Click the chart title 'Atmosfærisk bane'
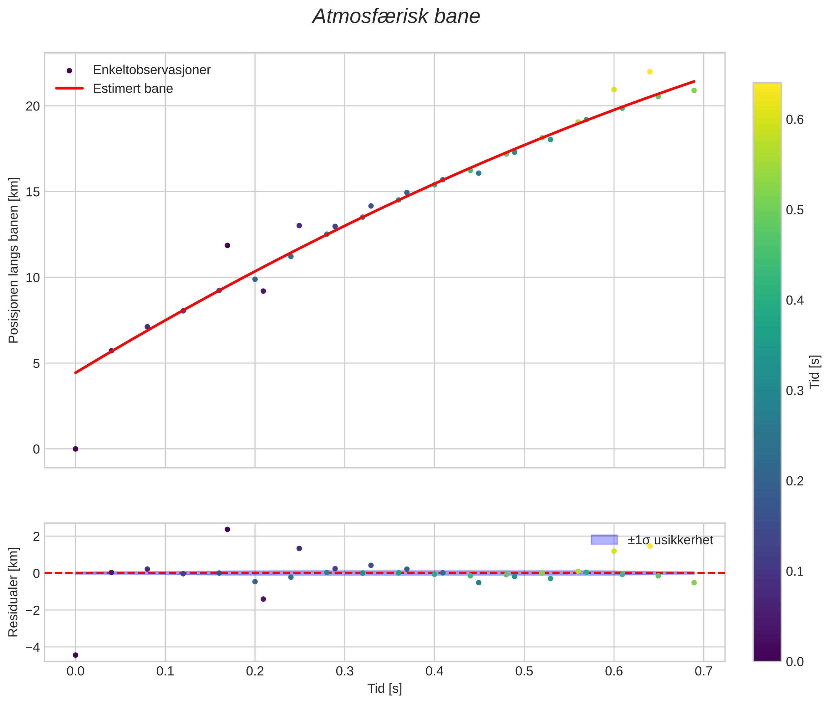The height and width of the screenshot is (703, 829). (x=396, y=17)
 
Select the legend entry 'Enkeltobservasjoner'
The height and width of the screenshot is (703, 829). (x=151, y=70)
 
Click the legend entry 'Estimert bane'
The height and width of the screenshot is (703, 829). (x=133, y=89)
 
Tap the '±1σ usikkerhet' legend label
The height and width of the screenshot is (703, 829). (x=670, y=540)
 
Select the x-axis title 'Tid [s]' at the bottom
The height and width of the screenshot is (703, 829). (x=384, y=688)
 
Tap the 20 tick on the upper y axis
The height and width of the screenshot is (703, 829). (x=33, y=106)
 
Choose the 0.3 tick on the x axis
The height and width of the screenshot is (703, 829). (x=345, y=671)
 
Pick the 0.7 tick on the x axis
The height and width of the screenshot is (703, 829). (x=704, y=671)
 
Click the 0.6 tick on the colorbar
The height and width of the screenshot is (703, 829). (x=794, y=120)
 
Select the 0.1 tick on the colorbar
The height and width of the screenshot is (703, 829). (x=794, y=572)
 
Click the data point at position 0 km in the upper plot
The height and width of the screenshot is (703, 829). (x=75, y=449)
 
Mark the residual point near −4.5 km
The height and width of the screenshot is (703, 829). (x=75, y=655)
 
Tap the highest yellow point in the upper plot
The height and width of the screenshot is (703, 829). (x=650, y=72)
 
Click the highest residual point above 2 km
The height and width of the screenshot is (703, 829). (x=227, y=529)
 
